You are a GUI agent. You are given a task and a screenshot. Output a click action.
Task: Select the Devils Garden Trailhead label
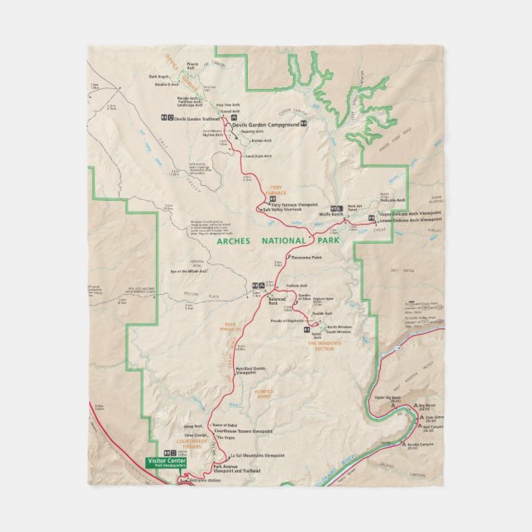[193, 118]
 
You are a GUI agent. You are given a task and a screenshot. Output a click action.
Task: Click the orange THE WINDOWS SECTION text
[326, 345]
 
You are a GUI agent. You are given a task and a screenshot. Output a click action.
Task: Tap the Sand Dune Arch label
[257, 156]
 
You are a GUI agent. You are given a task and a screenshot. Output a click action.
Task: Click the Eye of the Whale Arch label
[188, 271]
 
